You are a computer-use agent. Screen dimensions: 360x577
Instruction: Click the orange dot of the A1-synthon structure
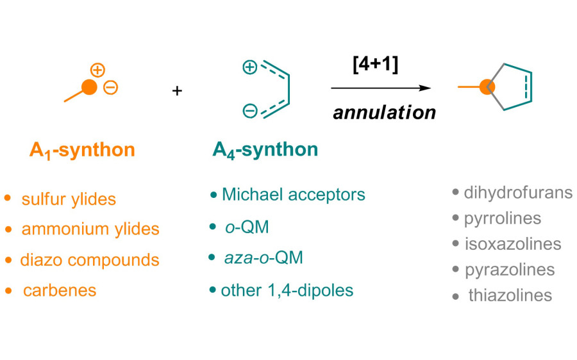(90, 88)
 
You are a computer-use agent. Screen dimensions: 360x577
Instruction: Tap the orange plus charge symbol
(97, 69)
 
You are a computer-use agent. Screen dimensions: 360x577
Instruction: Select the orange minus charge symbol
(111, 88)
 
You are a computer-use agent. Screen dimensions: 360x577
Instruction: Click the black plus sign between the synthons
(177, 91)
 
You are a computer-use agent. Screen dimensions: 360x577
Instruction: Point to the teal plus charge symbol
(249, 66)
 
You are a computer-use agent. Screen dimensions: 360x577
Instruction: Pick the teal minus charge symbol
(249, 111)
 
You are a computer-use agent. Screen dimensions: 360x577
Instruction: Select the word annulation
(385, 113)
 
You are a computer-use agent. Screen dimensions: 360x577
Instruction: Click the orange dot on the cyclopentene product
(488, 85)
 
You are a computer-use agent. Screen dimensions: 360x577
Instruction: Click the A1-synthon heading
(82, 151)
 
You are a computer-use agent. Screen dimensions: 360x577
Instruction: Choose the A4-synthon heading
(265, 151)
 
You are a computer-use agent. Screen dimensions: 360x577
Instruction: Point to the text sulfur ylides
(69, 199)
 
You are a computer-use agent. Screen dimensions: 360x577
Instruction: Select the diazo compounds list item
(89, 260)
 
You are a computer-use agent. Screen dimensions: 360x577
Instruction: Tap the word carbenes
(60, 291)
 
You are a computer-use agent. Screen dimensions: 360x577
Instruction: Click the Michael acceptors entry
(293, 195)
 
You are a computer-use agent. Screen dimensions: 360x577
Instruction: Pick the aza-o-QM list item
(263, 258)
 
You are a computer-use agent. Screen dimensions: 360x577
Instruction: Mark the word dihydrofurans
(517, 193)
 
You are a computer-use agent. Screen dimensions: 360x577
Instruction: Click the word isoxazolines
(513, 244)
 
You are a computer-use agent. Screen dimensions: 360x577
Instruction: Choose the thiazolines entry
(510, 295)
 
